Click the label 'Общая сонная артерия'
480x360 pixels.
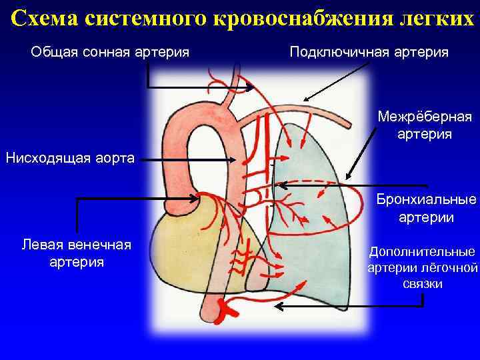click(110, 52)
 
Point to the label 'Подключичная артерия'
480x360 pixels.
click(369, 52)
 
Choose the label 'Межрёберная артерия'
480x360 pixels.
click(425, 125)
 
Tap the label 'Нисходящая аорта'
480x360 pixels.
click(69, 159)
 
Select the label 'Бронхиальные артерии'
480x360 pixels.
click(426, 208)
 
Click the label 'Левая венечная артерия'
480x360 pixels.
click(77, 253)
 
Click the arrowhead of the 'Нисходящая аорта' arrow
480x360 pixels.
click(234, 160)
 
